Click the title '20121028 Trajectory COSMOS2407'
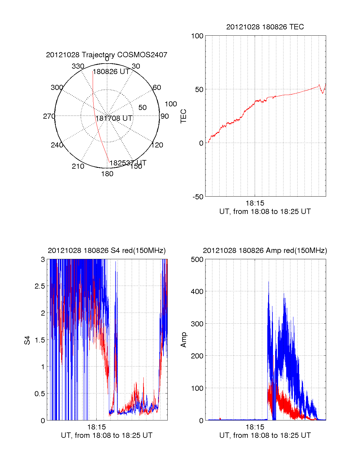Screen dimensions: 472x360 click(x=106, y=55)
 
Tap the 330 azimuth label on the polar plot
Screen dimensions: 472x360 click(x=78, y=66)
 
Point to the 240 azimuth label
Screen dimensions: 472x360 click(x=57, y=145)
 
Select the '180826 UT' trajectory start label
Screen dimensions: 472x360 click(x=111, y=72)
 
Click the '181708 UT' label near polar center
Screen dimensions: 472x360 click(x=114, y=118)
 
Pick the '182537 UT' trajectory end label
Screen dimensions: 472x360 click(x=128, y=163)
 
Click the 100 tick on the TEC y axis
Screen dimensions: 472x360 click(x=197, y=36)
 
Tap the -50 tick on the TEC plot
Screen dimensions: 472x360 click(x=198, y=197)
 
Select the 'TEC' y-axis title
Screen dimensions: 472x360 click(x=183, y=116)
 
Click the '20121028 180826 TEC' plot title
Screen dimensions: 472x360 click(x=265, y=27)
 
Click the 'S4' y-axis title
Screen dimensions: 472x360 click(x=27, y=340)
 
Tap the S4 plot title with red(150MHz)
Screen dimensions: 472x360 click(x=106, y=251)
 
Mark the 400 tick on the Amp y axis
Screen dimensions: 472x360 click(x=197, y=292)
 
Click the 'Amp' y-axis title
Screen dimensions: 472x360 click(x=183, y=340)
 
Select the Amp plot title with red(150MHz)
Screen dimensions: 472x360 click(x=265, y=251)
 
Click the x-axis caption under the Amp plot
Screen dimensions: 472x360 click(x=265, y=435)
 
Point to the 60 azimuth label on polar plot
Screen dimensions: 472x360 click(x=157, y=88)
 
